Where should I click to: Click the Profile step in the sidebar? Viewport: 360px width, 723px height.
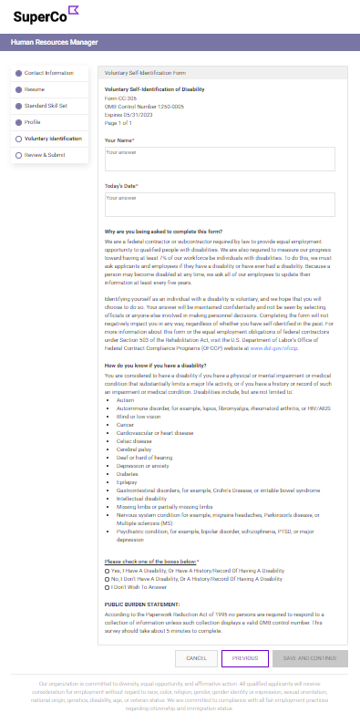pos(33,121)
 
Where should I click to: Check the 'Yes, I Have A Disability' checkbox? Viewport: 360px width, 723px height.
pos(108,570)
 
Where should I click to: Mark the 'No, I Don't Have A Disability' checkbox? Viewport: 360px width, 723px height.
pos(108,578)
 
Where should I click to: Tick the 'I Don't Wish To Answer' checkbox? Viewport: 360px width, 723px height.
pos(108,587)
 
